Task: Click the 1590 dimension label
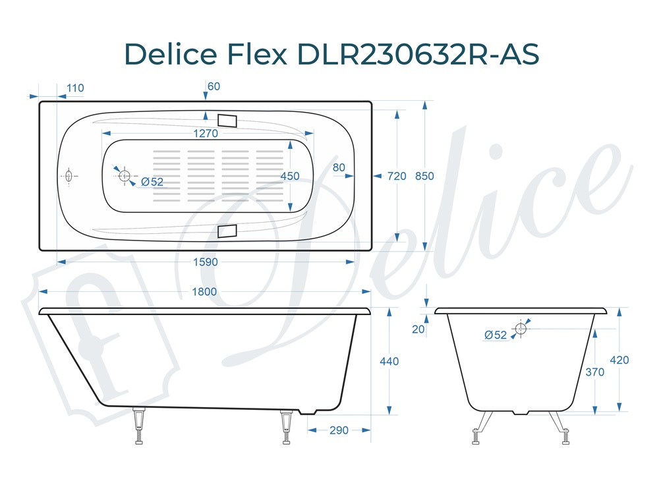point(206,262)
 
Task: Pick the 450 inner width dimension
point(290,176)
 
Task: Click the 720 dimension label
point(397,176)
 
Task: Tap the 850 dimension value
point(425,176)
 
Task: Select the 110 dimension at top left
point(75,88)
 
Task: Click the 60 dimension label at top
point(214,86)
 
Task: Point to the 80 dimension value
point(339,168)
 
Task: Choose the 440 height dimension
point(389,361)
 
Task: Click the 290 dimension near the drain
point(338,430)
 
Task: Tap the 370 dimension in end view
point(594,372)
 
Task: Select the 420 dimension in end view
point(619,360)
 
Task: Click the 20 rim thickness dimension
point(418,329)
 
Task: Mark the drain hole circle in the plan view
point(125,176)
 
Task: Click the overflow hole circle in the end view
point(521,328)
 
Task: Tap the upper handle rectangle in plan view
point(227,120)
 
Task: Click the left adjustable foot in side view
point(139,425)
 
